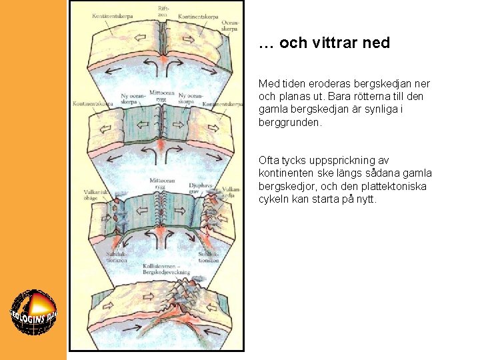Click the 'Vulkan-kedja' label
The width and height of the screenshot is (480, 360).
pyautogui.click(x=231, y=192)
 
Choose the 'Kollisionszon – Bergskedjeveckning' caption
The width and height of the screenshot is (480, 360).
pyautogui.click(x=166, y=269)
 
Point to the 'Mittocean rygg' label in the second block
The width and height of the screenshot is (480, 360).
pyautogui.click(x=162, y=95)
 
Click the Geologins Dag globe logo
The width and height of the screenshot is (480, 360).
pyautogui.click(x=33, y=314)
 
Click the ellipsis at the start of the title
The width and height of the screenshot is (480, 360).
pyautogui.click(x=265, y=44)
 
